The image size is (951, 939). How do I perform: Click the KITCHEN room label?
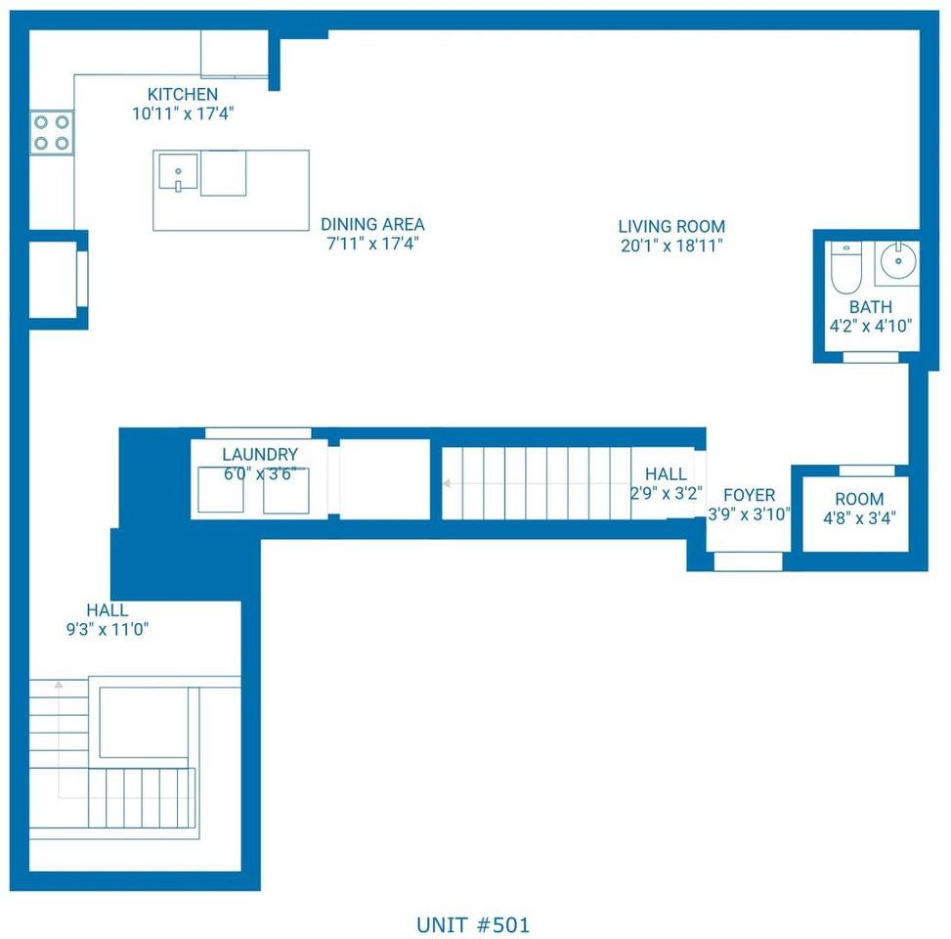183,94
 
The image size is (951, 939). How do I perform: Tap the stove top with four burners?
52,132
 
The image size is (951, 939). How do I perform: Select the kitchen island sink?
178,172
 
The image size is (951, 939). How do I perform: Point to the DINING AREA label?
372,225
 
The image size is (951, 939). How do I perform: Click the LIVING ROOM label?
671,226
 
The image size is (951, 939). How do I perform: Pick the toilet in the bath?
845,267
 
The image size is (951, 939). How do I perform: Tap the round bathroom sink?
899,260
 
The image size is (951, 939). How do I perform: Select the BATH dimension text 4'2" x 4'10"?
870,326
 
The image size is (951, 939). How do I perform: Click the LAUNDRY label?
260,454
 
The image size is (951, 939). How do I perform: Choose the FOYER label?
749,495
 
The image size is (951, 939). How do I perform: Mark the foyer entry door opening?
748,561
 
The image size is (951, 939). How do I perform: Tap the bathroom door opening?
870,358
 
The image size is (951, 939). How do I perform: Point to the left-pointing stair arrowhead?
447,484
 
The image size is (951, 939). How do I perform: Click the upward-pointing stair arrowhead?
59,685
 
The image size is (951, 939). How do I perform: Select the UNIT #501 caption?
473,925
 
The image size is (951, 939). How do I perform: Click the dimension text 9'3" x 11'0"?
108,630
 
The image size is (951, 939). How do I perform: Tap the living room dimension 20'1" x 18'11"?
671,246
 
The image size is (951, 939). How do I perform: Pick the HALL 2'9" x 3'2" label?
666,483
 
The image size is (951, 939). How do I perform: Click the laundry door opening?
258,432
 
